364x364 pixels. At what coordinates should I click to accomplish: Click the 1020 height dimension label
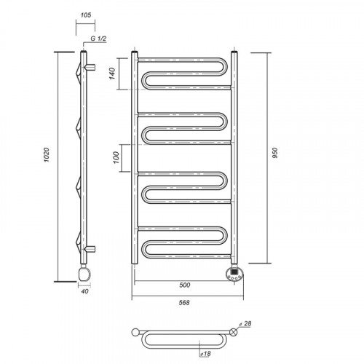tap(47, 155)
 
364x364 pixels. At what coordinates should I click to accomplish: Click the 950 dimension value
tap(274, 153)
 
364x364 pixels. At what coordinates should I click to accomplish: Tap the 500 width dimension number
tap(185, 285)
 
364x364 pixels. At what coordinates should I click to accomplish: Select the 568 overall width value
tap(184, 303)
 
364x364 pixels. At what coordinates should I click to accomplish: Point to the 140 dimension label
tap(112, 74)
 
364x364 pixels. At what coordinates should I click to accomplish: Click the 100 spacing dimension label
tap(116, 157)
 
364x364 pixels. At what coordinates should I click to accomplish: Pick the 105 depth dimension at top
tap(86, 15)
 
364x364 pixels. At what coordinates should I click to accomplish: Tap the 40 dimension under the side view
tap(84, 291)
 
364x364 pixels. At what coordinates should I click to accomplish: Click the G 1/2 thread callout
tap(98, 39)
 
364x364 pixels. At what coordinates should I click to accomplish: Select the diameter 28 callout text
tap(245, 323)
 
